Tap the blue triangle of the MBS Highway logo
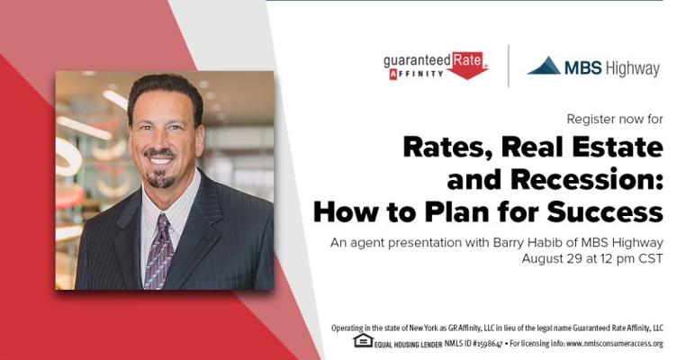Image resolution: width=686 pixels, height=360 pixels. [544, 66]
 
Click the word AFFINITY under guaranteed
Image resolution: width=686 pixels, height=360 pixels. [416, 74]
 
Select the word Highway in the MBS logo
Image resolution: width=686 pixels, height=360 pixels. [633, 68]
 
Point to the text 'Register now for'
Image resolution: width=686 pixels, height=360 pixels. [615, 119]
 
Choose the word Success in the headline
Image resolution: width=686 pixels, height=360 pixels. [605, 211]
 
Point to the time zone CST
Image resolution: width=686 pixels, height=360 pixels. [651, 258]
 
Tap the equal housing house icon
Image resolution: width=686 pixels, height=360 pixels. [363, 340]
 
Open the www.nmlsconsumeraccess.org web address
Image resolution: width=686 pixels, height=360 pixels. [615, 344]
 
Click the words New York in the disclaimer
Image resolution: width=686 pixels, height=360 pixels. [421, 328]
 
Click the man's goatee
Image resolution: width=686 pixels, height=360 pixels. [160, 178]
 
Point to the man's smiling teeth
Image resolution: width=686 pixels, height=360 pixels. [160, 160]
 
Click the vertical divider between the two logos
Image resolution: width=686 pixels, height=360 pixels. [509, 66]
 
